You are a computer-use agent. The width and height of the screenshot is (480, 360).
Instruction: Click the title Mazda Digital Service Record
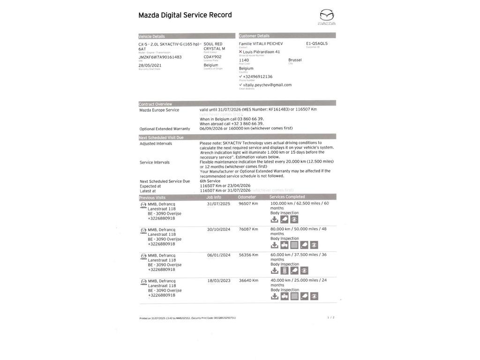point(185,15)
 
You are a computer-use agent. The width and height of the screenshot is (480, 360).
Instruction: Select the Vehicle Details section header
point(152,36)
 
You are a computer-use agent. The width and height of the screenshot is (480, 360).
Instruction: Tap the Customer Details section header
point(254,36)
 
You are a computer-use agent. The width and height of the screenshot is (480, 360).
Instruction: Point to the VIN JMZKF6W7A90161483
point(160,57)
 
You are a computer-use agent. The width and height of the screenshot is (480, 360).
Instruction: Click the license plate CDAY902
point(212,57)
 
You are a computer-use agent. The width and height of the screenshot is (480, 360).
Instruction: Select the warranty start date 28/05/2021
point(150,65)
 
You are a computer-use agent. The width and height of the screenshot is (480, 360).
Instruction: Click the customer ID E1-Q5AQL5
point(317,44)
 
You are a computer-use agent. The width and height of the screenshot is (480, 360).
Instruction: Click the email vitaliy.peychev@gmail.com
point(267,85)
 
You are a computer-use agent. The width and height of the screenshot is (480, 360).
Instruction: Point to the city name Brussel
point(295,60)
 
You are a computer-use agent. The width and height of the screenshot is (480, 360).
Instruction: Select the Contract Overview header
point(156,104)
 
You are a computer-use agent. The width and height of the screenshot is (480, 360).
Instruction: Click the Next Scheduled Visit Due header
point(161,137)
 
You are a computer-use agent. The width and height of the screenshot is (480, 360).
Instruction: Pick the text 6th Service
point(210,181)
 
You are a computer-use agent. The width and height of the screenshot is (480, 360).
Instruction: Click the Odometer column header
point(247,197)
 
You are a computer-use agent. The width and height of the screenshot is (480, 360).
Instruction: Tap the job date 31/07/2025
point(218,204)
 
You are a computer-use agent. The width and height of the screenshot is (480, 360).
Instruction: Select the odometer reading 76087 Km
point(248,229)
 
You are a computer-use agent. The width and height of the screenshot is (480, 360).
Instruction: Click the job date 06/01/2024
point(218,255)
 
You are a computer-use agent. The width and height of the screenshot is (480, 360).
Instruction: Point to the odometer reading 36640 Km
point(248,280)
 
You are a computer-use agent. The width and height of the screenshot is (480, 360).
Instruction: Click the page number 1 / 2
point(331,317)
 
